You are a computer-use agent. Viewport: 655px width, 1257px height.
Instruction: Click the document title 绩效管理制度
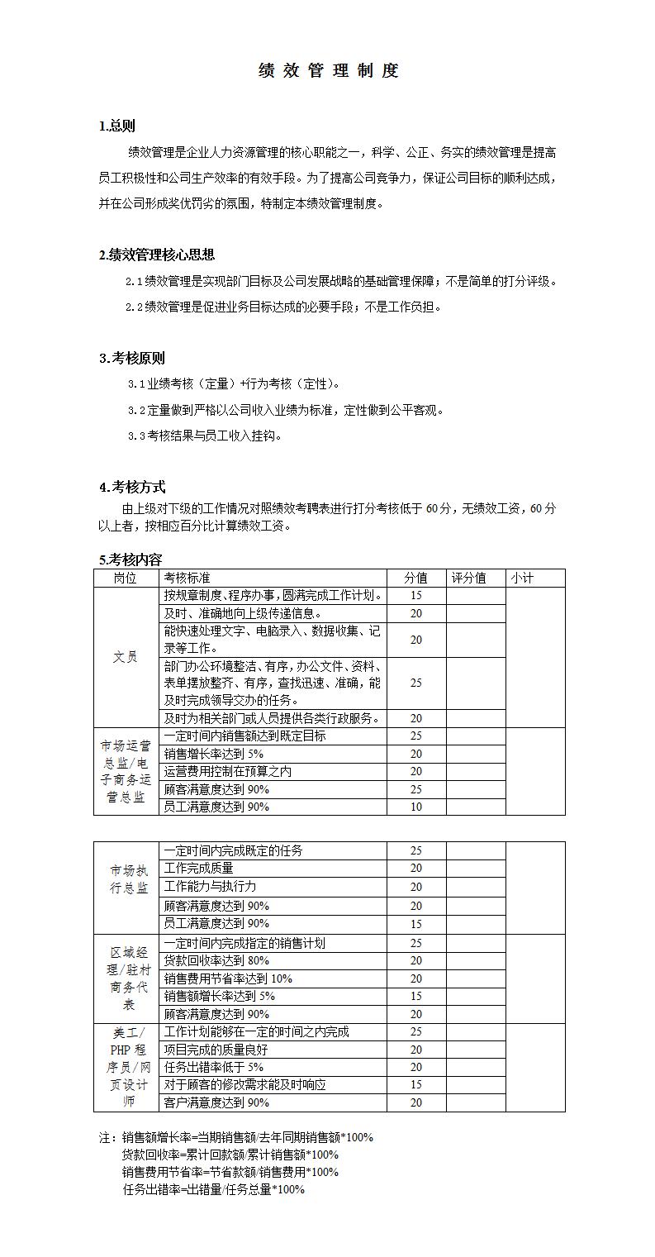[328, 71]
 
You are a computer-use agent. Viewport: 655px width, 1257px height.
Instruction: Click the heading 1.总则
[117, 126]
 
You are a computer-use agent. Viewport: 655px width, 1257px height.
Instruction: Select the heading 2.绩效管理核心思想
[157, 255]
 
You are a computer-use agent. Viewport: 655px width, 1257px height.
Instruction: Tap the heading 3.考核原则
[132, 358]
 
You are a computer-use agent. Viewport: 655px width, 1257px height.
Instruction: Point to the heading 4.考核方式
[132, 487]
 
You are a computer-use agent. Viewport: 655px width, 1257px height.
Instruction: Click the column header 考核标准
[187, 579]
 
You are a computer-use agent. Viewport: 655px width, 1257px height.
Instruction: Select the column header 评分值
[468, 579]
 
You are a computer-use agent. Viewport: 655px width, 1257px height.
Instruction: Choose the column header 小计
[522, 579]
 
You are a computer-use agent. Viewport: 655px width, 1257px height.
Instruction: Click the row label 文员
[126, 658]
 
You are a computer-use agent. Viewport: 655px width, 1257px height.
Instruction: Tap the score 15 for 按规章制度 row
[415, 596]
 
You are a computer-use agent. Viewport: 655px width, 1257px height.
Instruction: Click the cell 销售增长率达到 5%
[214, 754]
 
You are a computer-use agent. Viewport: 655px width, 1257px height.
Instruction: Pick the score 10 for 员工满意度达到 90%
[415, 807]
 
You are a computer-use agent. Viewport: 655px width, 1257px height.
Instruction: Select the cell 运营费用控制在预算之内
[228, 772]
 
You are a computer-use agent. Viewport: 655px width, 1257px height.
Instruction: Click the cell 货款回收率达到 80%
[217, 960]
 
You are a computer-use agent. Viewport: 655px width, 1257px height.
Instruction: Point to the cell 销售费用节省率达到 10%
[229, 978]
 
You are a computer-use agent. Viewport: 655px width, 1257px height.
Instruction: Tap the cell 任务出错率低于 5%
[214, 1067]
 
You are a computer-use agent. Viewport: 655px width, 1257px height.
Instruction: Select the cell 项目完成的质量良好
[216, 1050]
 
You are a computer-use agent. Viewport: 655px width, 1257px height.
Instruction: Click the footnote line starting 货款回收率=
[230, 1155]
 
